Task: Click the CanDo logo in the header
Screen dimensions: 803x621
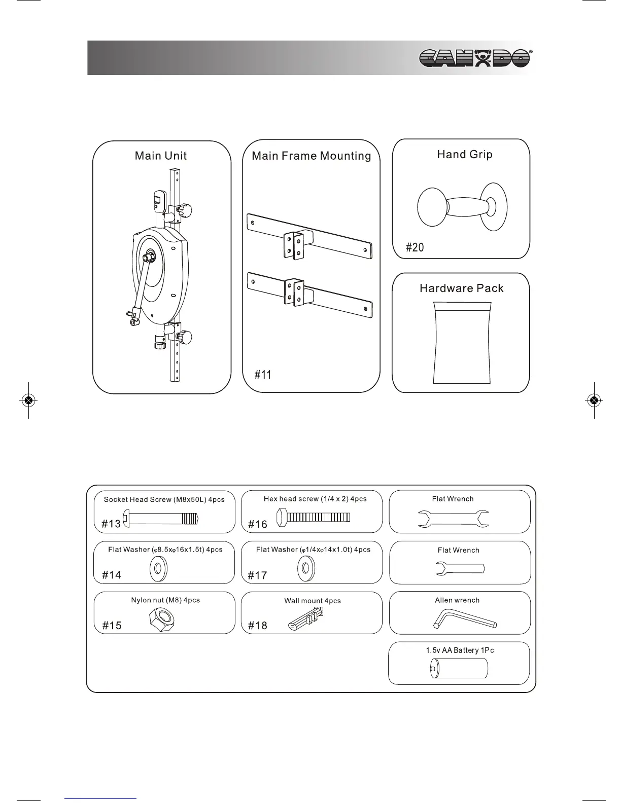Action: [x=475, y=58]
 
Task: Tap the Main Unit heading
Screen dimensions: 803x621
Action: [x=161, y=156]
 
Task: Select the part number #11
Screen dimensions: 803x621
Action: [x=263, y=375]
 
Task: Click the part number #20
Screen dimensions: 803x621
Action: [x=415, y=247]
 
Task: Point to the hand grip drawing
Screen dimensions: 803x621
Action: [x=462, y=207]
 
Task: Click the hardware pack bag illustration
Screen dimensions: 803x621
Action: [x=462, y=343]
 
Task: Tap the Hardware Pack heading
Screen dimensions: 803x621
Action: [x=461, y=288]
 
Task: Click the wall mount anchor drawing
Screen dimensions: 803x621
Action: [x=306, y=618]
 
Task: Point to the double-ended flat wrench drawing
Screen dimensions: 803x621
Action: [x=453, y=519]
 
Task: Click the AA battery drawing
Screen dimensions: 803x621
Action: [x=459, y=669]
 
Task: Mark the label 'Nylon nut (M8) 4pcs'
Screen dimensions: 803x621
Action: [x=165, y=600]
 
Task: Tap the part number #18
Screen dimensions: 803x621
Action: [x=257, y=626]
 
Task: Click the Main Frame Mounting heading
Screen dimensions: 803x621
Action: [x=312, y=156]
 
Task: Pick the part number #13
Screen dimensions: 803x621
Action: [x=111, y=524]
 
